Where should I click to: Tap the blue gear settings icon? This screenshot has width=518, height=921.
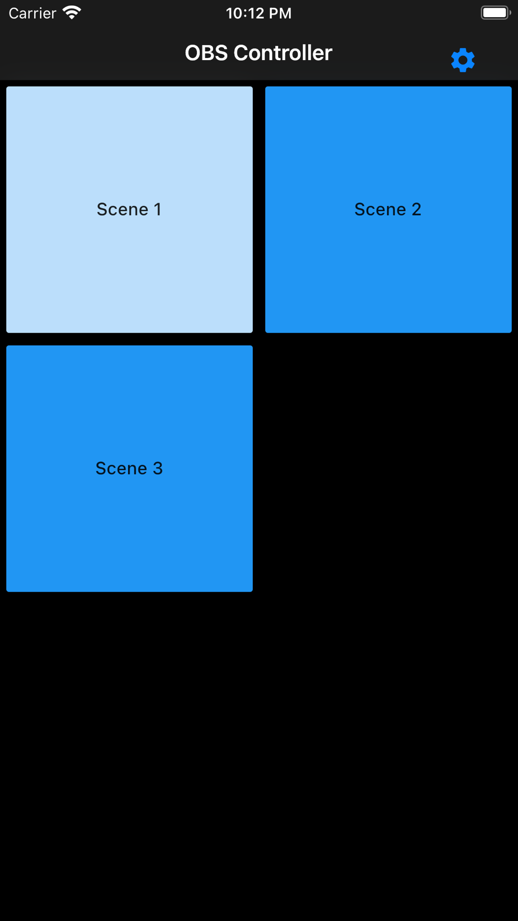463,60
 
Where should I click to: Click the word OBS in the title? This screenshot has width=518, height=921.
206,53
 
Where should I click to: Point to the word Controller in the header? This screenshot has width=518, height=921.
283,53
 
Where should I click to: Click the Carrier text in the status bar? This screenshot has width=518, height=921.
32,13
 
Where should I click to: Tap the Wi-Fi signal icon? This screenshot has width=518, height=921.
72,13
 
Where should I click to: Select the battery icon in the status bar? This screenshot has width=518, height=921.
496,13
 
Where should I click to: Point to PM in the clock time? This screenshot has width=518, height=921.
282,13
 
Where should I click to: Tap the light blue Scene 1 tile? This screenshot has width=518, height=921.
129,210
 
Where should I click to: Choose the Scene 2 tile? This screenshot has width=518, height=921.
388,210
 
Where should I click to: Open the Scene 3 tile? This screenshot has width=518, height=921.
129,469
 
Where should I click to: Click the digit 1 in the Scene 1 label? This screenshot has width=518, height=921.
157,209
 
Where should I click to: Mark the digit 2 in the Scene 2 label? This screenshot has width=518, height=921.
416,209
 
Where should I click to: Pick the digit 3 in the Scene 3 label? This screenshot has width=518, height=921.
157,468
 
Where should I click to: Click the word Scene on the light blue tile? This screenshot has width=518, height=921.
123,209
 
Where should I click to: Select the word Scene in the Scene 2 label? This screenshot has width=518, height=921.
380,209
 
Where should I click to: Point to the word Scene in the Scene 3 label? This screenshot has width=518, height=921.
121,468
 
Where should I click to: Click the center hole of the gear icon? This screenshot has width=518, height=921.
463,61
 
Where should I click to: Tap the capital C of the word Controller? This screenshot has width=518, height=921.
240,53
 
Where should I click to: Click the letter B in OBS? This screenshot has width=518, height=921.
208,53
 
